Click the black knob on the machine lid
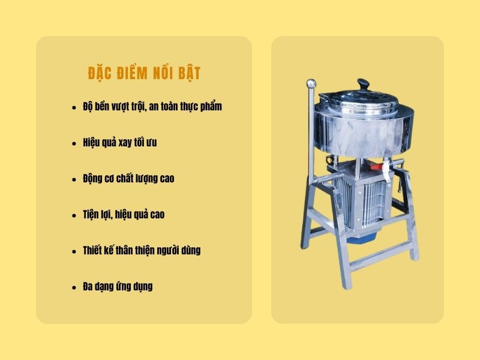[x=362, y=83]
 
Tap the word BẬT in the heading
[x=186, y=73]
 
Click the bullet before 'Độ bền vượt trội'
[x=74, y=107]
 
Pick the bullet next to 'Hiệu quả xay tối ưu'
[x=74, y=143]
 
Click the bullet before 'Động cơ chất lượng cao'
[x=74, y=179]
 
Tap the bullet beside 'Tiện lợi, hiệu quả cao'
[x=74, y=215]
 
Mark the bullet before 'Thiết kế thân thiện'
[x=74, y=251]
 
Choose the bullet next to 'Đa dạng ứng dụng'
[x=74, y=287]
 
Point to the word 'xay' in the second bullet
[x=127, y=143]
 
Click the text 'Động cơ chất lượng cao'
[x=128, y=179]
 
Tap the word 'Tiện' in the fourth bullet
[x=92, y=215]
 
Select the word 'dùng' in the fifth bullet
[x=190, y=251]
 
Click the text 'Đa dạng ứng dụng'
[x=118, y=287]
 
